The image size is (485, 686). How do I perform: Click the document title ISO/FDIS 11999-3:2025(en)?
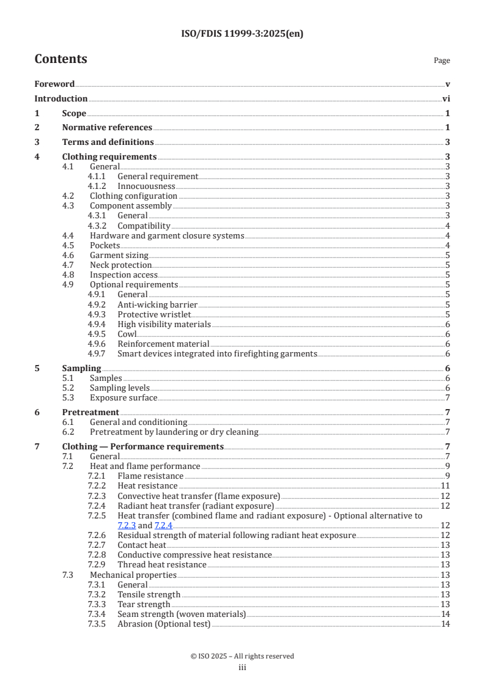[242, 34]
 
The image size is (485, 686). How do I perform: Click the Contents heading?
[61, 60]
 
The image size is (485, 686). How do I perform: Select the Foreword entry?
[54, 84]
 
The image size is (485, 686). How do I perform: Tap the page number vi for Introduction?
[446, 99]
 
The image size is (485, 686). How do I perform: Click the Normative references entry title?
[107, 128]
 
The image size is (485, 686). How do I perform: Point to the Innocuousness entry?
[146, 186]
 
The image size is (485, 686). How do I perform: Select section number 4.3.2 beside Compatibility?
[97, 226]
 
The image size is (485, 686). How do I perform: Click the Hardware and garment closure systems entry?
[166, 236]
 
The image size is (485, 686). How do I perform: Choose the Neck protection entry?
[120, 265]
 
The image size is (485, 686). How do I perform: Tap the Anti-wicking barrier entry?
[157, 304]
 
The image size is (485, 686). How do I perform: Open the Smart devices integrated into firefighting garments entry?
[217, 353]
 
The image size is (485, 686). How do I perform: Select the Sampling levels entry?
[119, 388]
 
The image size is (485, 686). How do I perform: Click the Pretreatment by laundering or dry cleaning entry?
[174, 432]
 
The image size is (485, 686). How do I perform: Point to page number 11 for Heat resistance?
[445, 486]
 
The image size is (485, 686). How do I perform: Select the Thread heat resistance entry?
[161, 564]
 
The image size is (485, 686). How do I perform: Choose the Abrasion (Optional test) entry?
[163, 624]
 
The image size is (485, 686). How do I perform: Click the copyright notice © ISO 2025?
[242, 656]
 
